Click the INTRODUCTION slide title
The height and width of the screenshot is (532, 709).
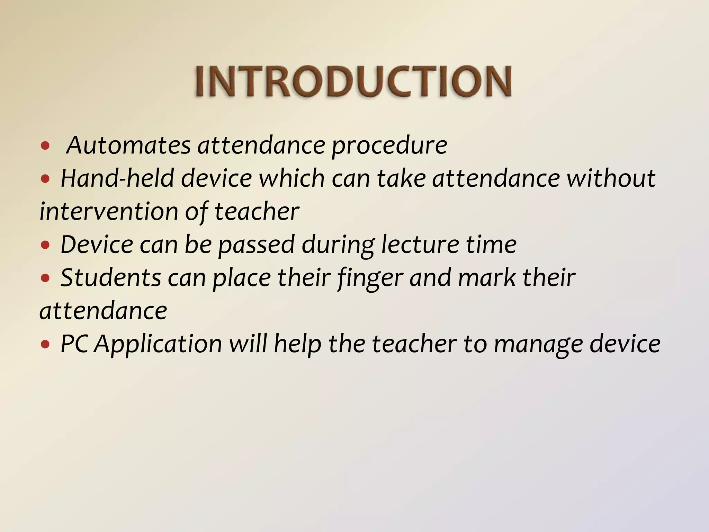point(353,82)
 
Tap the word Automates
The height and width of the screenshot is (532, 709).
point(128,145)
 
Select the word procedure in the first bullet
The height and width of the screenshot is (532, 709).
point(389,146)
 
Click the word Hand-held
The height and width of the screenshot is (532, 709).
point(117,178)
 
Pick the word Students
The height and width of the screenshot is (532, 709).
point(111,278)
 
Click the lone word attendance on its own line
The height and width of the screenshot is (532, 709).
point(103,311)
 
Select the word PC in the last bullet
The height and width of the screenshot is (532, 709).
point(74,344)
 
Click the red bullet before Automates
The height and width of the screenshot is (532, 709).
point(45,146)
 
